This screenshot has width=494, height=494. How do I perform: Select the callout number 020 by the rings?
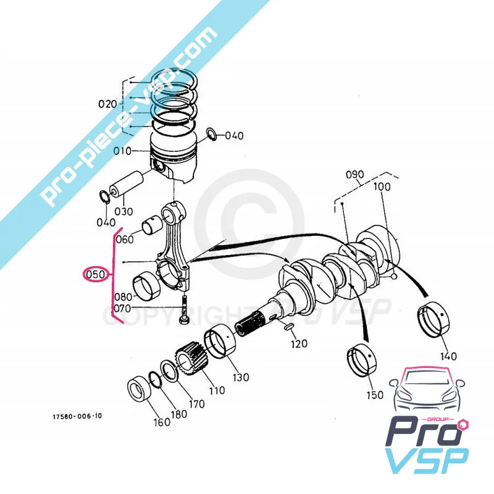tap(107, 104)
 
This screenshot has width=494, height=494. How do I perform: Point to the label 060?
tap(124, 239)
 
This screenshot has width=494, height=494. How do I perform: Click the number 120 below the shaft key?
tap(299, 344)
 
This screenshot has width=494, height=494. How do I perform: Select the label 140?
tap(448, 356)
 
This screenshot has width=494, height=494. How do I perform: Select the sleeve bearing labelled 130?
tap(219, 343)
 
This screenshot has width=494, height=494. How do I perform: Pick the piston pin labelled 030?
tap(125, 183)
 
